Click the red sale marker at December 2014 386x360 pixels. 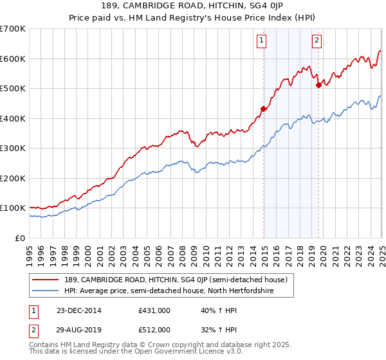pos(263,109)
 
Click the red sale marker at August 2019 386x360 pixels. pos(318,84)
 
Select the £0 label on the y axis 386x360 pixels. pos(21,238)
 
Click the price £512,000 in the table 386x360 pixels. pos(154,330)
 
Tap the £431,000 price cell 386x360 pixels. pos(154,310)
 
